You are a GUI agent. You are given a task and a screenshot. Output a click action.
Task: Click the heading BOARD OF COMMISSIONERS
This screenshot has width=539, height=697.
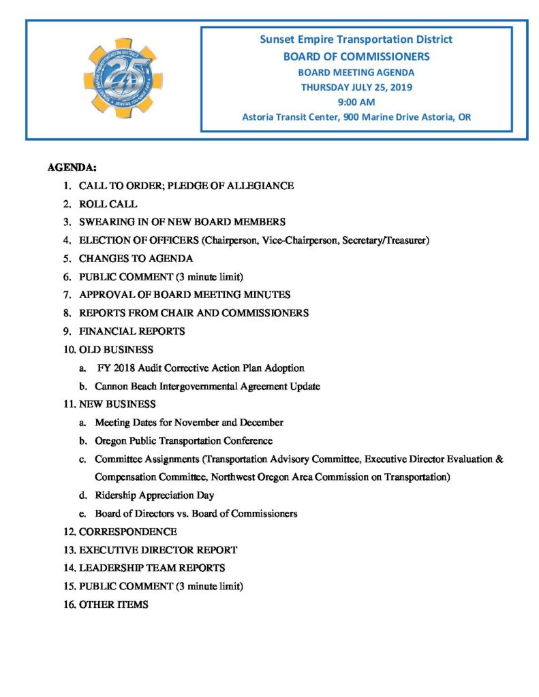tap(356, 56)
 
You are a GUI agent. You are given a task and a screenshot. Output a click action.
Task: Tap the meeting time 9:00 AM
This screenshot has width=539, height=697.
tap(356, 102)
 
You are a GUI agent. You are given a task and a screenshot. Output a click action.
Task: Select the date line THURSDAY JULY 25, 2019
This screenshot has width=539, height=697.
tap(356, 87)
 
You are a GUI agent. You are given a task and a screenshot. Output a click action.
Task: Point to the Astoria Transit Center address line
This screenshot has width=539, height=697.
tap(356, 117)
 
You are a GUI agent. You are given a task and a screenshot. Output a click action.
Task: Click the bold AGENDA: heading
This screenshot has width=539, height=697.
tap(72, 167)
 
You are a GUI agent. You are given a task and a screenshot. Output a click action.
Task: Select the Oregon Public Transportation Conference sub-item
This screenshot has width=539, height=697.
tap(183, 440)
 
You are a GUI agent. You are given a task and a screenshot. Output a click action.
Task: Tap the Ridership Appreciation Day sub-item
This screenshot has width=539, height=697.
tap(154, 496)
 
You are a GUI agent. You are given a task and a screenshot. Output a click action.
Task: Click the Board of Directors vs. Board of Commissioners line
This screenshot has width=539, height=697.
tap(196, 513)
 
